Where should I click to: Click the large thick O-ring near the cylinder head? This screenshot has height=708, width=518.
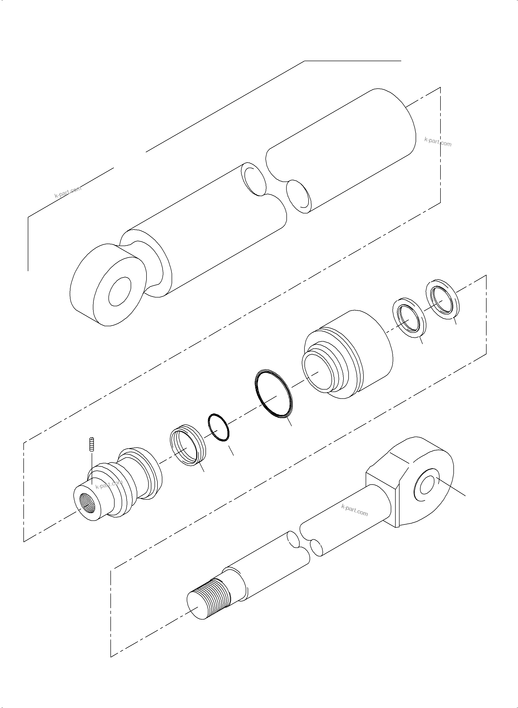click(273, 394)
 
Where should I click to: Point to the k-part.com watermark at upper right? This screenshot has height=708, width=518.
click(438, 142)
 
